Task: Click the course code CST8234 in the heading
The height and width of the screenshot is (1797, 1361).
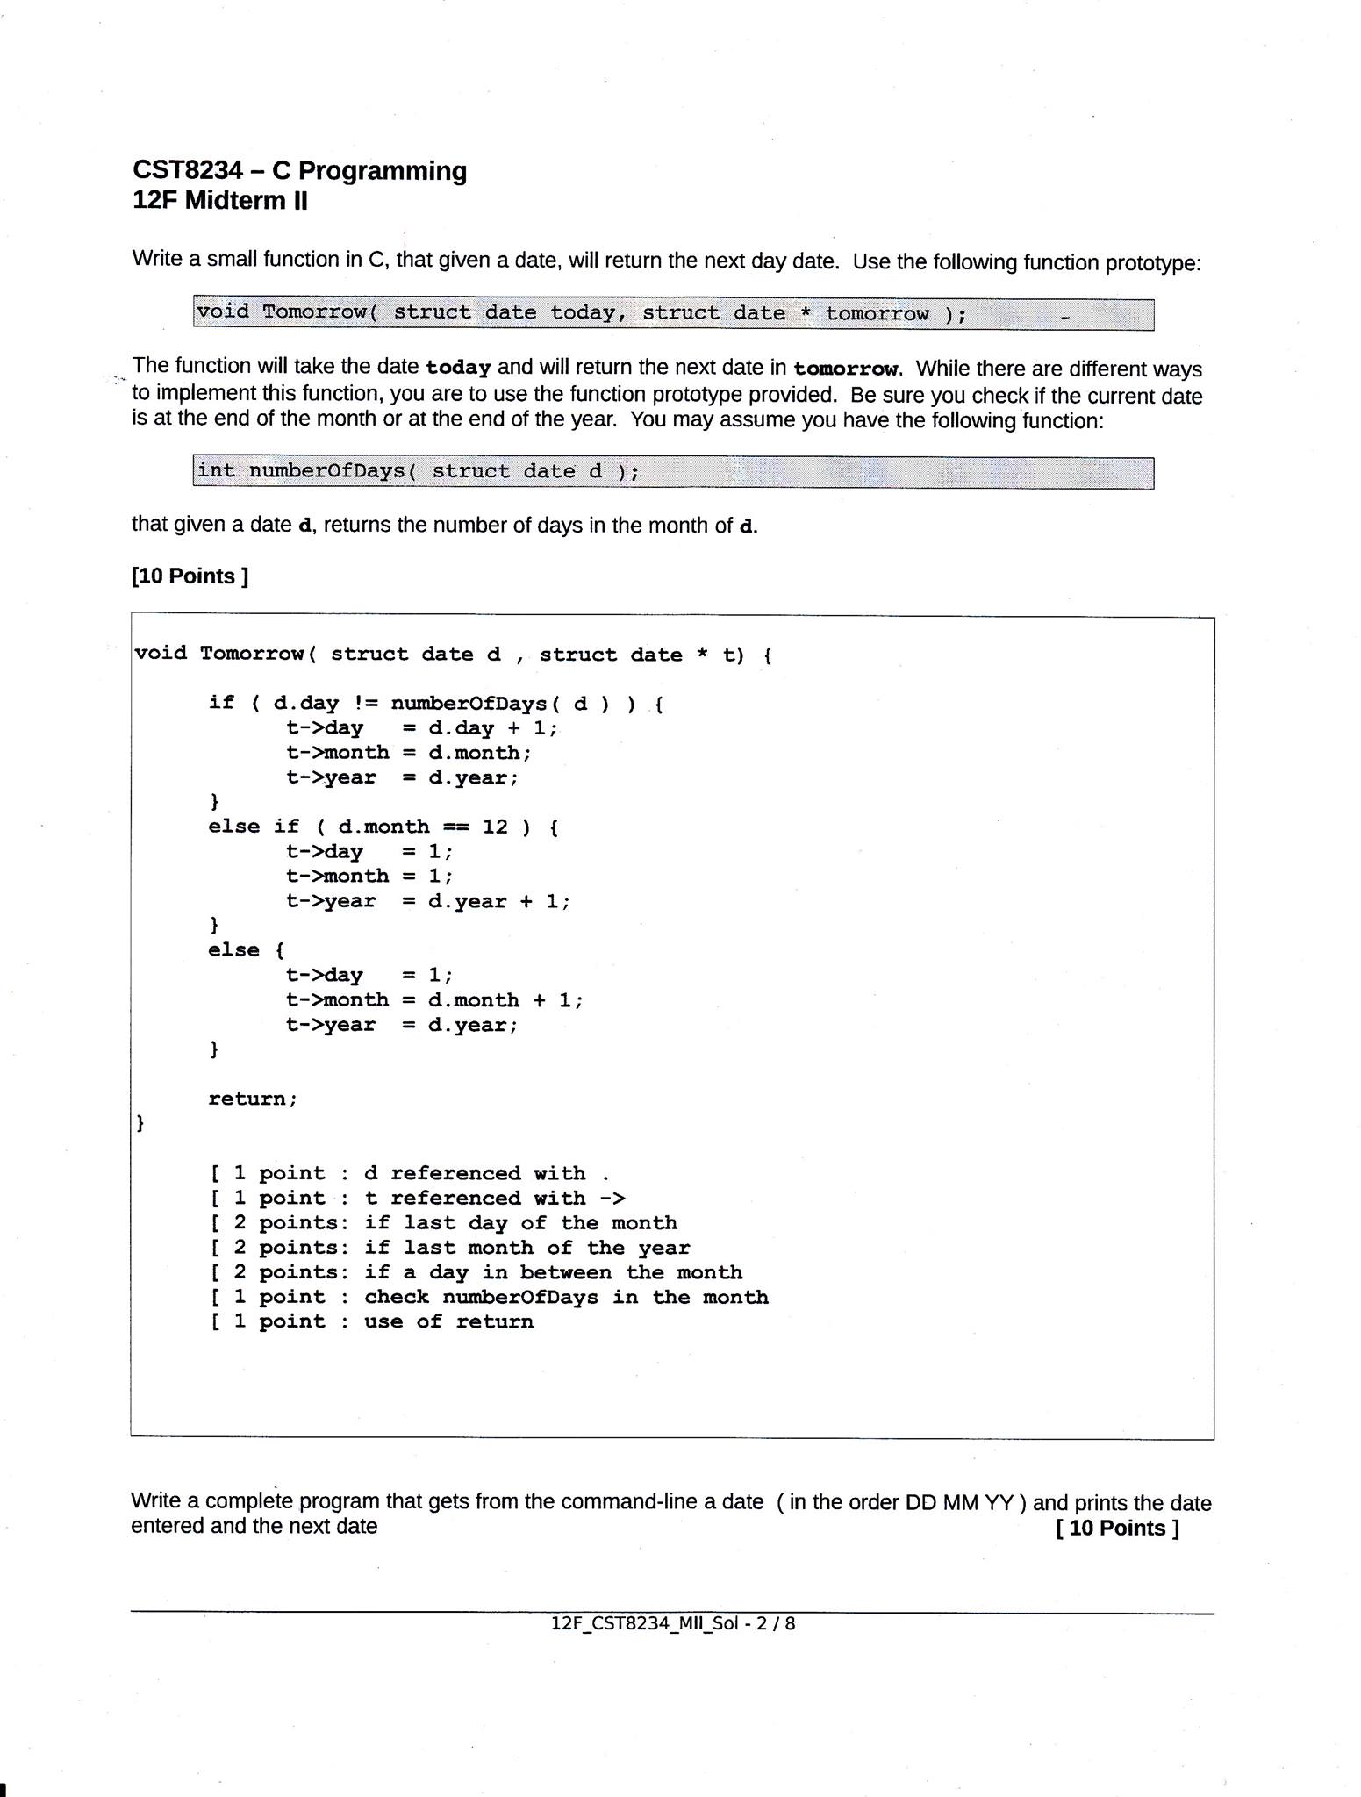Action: pyautogui.click(x=188, y=170)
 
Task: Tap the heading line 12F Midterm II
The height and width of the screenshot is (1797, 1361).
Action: pyautogui.click(x=220, y=201)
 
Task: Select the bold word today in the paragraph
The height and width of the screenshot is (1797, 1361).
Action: pyautogui.click(x=457, y=367)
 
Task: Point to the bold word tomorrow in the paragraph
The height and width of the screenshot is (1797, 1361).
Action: pyautogui.click(x=846, y=369)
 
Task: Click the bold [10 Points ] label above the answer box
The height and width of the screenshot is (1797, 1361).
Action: pyautogui.click(x=190, y=576)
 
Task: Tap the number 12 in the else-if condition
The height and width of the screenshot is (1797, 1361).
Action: pyautogui.click(x=494, y=827)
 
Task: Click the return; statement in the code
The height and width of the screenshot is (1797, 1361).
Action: pyautogui.click(x=253, y=1099)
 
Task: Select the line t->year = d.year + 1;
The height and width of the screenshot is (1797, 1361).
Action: pyautogui.click(x=427, y=901)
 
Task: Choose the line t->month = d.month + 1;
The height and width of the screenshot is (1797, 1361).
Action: pyautogui.click(x=433, y=999)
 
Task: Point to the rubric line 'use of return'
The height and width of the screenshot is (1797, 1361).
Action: pyautogui.click(x=372, y=1321)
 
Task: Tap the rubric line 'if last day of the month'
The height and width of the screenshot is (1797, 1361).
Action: pyautogui.click(x=444, y=1222)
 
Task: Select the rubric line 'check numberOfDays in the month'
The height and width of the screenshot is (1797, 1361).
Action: pyautogui.click(x=490, y=1297)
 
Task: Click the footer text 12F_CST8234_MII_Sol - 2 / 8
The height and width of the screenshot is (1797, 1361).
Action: pyautogui.click(x=673, y=1623)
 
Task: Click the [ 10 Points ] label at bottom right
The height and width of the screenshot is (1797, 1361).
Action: pyautogui.click(x=1117, y=1528)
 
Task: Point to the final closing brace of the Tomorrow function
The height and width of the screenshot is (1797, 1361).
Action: pyautogui.click(x=140, y=1123)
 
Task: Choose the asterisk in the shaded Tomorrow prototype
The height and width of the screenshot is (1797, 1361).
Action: pyautogui.click(x=806, y=312)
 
